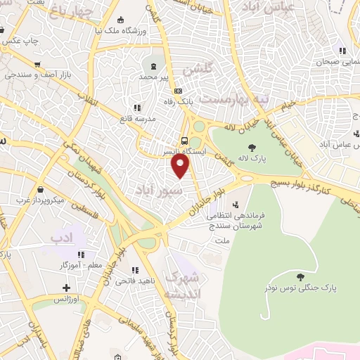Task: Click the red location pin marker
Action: coord(181,166)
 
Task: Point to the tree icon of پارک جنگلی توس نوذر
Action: coord(301,277)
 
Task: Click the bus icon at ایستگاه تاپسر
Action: coord(184,140)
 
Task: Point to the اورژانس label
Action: coord(66,300)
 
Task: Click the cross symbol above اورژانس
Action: coord(66,288)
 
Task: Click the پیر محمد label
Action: coord(155,75)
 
